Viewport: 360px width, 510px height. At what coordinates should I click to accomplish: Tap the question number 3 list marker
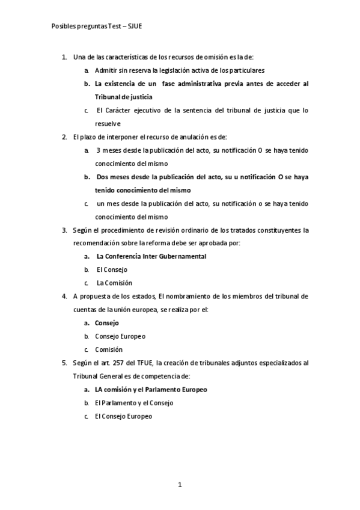(x=64, y=230)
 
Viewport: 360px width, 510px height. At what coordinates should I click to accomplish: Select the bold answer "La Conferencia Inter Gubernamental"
(x=151, y=256)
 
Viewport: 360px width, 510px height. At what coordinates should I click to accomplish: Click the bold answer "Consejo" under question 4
(x=107, y=323)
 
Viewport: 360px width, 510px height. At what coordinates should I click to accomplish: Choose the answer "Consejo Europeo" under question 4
(x=120, y=336)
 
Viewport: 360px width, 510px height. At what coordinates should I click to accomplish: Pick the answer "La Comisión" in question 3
(x=114, y=283)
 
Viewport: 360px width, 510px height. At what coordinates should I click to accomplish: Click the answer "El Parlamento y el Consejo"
(x=134, y=402)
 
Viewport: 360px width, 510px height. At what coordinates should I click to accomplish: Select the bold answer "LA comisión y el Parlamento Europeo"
(x=151, y=389)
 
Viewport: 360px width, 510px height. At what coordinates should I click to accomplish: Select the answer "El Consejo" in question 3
(x=112, y=269)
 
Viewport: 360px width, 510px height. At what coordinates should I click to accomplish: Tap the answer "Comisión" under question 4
(x=109, y=349)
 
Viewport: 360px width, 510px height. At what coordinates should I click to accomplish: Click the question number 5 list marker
(x=64, y=363)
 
